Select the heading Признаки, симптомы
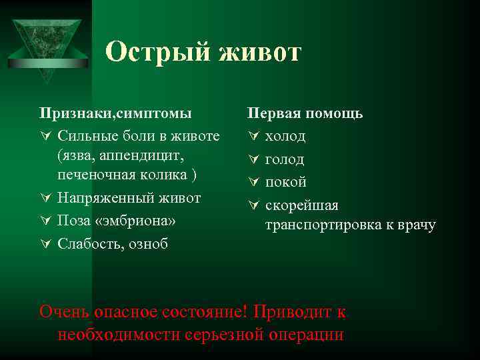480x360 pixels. pos(115,113)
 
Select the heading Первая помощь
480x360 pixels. pos(305,113)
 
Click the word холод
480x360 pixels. pos(285,136)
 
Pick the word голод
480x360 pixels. pos(285,159)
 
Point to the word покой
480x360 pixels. pos(286,182)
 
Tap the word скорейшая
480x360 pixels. pos(302,205)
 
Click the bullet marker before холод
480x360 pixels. pos(252,137)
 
